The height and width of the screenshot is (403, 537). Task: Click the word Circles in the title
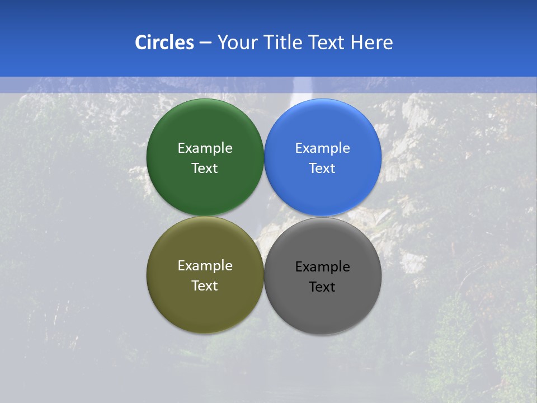click(164, 43)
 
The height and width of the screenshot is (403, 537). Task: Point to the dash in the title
click(205, 43)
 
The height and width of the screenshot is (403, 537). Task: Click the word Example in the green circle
click(205, 148)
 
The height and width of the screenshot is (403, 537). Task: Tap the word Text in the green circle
click(205, 168)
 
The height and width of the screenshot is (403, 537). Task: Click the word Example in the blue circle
click(323, 148)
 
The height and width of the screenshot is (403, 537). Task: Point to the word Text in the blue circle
click(323, 168)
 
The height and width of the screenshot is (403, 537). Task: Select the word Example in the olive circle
click(205, 265)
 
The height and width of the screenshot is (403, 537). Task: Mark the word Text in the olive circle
click(205, 285)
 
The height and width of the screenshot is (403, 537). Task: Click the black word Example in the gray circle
click(323, 266)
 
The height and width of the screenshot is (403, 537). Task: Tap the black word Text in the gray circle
click(323, 287)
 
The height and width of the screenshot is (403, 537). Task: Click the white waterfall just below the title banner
click(303, 90)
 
